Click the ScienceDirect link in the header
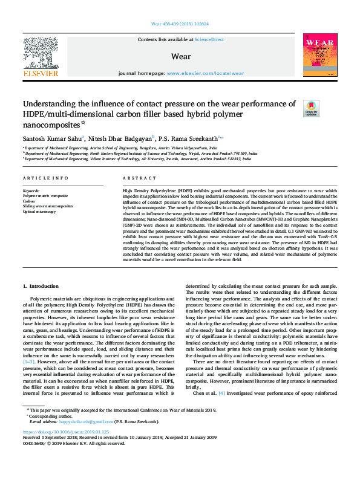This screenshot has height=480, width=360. (210, 39)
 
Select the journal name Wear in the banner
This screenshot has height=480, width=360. (181, 57)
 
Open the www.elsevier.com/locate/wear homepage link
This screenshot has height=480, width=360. (205, 73)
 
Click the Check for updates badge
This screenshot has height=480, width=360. (311, 108)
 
